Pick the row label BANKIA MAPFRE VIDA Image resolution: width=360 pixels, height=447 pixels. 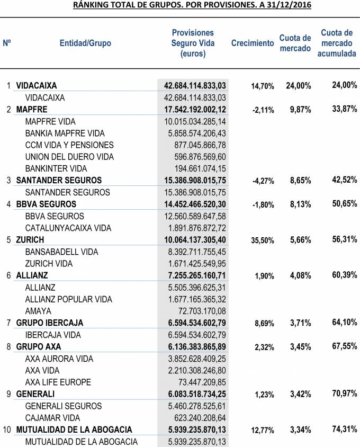65,133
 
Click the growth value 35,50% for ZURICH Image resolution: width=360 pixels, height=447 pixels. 263,240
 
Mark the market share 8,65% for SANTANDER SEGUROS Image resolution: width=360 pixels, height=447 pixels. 299,181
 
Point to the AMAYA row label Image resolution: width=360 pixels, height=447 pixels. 38,311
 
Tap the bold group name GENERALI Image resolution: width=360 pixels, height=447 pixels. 35,394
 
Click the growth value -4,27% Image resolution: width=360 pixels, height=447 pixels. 263,181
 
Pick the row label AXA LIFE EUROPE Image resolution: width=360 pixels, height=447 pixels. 58,382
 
